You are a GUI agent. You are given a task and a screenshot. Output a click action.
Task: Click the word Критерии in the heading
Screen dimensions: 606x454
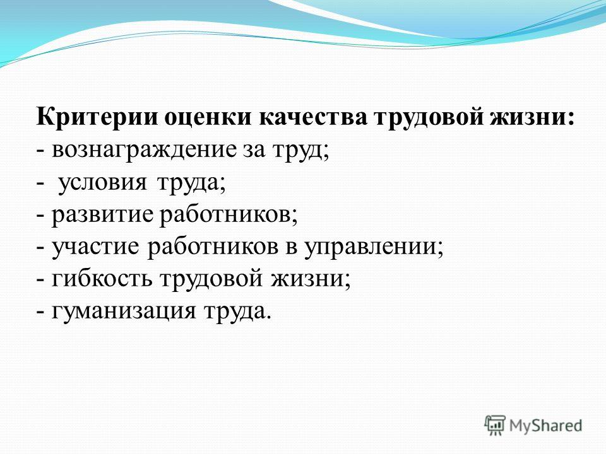[97, 116]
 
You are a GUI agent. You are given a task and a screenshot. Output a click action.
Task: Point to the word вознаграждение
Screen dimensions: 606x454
[143, 151]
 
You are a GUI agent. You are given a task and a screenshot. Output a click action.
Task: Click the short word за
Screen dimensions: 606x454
[254, 151]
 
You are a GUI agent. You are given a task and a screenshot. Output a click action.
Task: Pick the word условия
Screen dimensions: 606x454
[102, 183]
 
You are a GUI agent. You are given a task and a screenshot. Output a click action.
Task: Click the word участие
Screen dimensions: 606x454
[95, 247]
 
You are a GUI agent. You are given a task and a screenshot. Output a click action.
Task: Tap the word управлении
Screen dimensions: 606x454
[370, 247]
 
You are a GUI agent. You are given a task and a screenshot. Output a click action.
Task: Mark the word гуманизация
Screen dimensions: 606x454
[124, 311]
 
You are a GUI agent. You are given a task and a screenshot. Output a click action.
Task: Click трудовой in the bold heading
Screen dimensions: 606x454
[428, 117]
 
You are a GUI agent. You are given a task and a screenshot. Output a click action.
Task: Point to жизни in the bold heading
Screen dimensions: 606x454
[529, 117]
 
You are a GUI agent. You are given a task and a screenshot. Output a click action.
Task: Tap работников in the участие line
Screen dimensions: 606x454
[213, 247]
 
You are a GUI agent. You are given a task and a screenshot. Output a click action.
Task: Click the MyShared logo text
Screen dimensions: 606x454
[545, 426]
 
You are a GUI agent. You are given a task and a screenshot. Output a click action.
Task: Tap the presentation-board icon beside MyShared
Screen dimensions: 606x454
[495, 425]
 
